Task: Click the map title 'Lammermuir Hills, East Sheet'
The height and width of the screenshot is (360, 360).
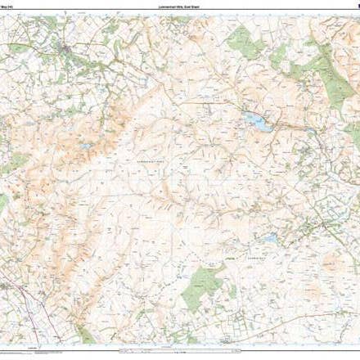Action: coord(179,7)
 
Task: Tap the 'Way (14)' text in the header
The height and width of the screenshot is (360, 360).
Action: coord(9,7)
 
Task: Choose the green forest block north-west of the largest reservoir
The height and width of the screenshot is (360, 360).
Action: coord(240,37)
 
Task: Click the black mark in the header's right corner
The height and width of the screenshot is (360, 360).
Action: coord(358,7)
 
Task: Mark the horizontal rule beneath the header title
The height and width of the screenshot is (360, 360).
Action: coord(179,13)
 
